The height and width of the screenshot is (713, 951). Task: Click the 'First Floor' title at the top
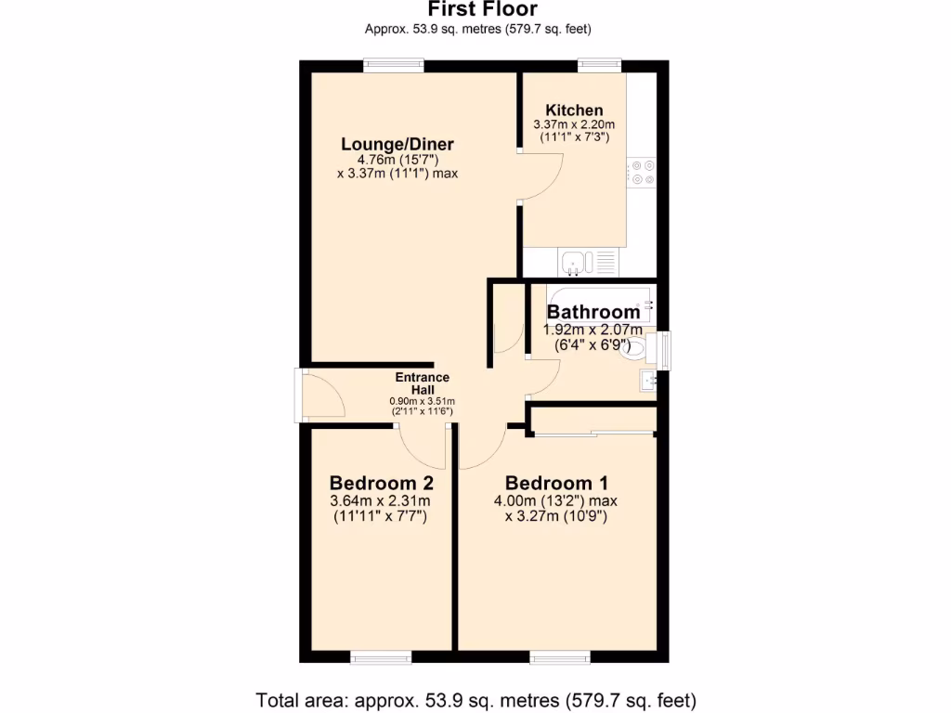click(x=475, y=9)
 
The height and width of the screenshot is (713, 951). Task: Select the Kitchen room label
click(x=574, y=110)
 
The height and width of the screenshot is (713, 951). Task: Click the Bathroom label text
click(x=593, y=312)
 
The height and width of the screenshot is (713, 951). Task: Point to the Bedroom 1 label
click(x=555, y=483)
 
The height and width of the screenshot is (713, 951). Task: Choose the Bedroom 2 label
click(x=381, y=483)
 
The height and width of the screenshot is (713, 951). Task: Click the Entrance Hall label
click(x=422, y=383)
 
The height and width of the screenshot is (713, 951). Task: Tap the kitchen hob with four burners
click(x=642, y=173)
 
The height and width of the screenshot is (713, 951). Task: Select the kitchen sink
click(x=575, y=263)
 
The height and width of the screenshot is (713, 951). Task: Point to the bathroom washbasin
click(x=646, y=380)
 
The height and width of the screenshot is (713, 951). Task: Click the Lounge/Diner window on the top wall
click(x=394, y=65)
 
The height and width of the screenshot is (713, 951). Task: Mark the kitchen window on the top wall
click(x=599, y=65)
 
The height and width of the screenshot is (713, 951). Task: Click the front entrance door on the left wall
click(x=300, y=395)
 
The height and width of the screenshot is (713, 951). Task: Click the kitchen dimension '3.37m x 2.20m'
click(x=574, y=124)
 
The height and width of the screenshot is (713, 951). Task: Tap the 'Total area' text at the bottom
click(x=475, y=699)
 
